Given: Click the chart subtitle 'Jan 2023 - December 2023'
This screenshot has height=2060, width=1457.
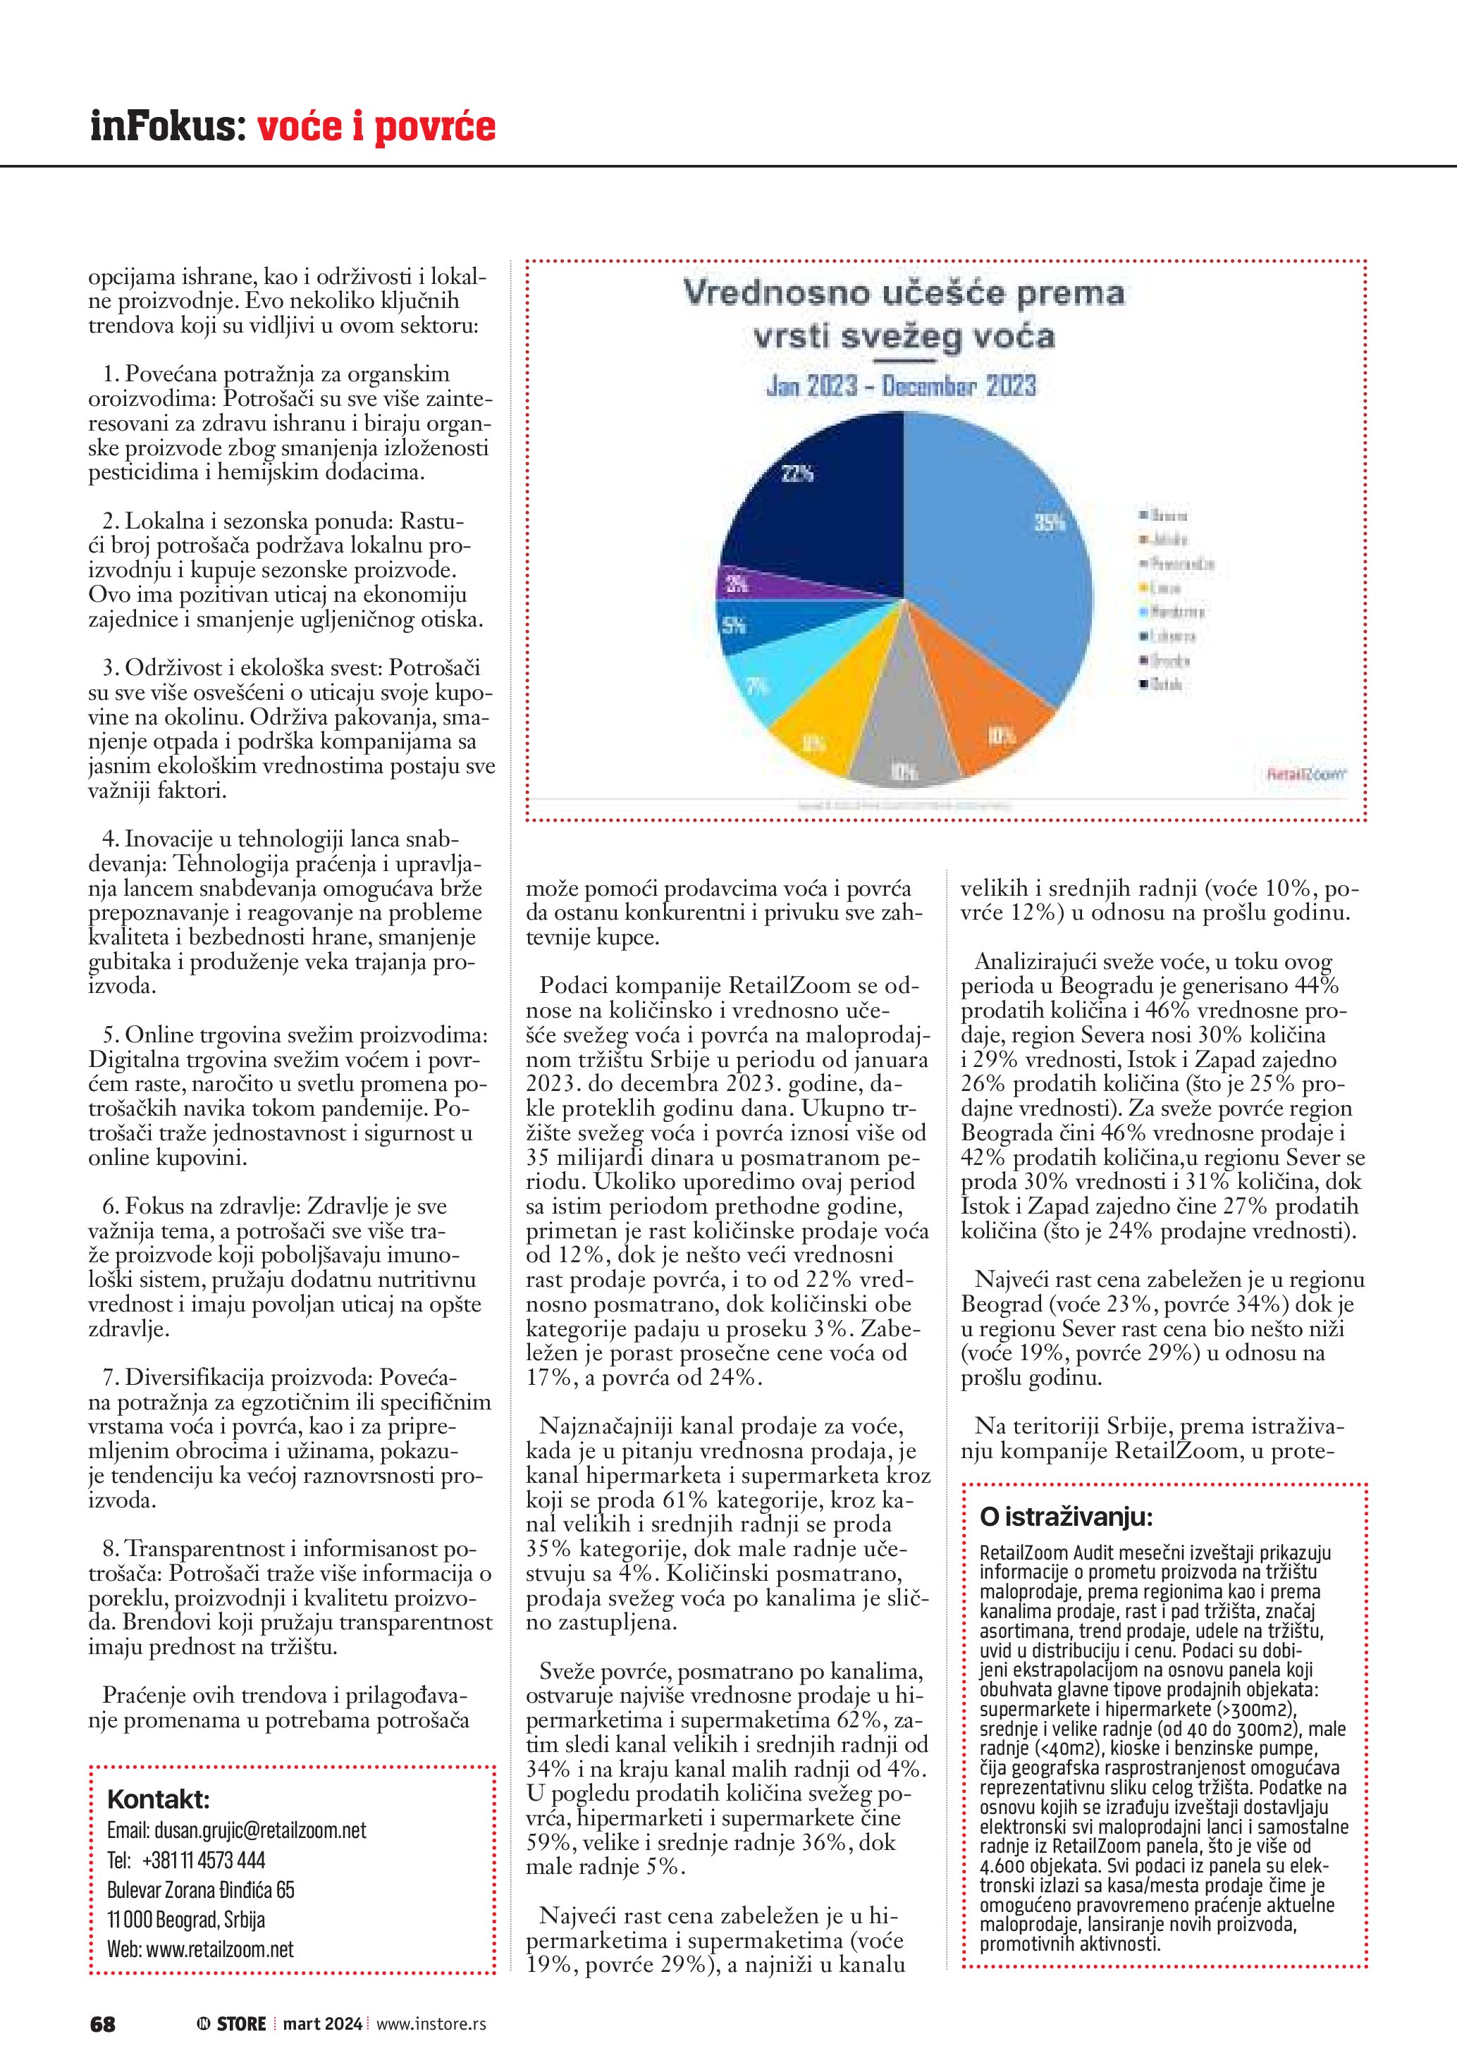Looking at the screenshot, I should click(901, 387).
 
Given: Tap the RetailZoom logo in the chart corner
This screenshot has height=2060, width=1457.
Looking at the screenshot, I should click(1306, 772).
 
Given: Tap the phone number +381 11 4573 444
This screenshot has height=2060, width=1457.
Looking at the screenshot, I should click(204, 1860).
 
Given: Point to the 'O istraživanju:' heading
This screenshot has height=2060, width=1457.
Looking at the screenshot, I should click(1066, 1517).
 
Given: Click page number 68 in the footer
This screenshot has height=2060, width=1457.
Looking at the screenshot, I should click(102, 2024).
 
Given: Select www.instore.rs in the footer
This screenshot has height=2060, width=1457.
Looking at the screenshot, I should click(431, 2024).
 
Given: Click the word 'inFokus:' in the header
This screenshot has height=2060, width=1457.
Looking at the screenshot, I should click(167, 125).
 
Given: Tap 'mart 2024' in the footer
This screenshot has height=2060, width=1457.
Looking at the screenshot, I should click(322, 2024).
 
